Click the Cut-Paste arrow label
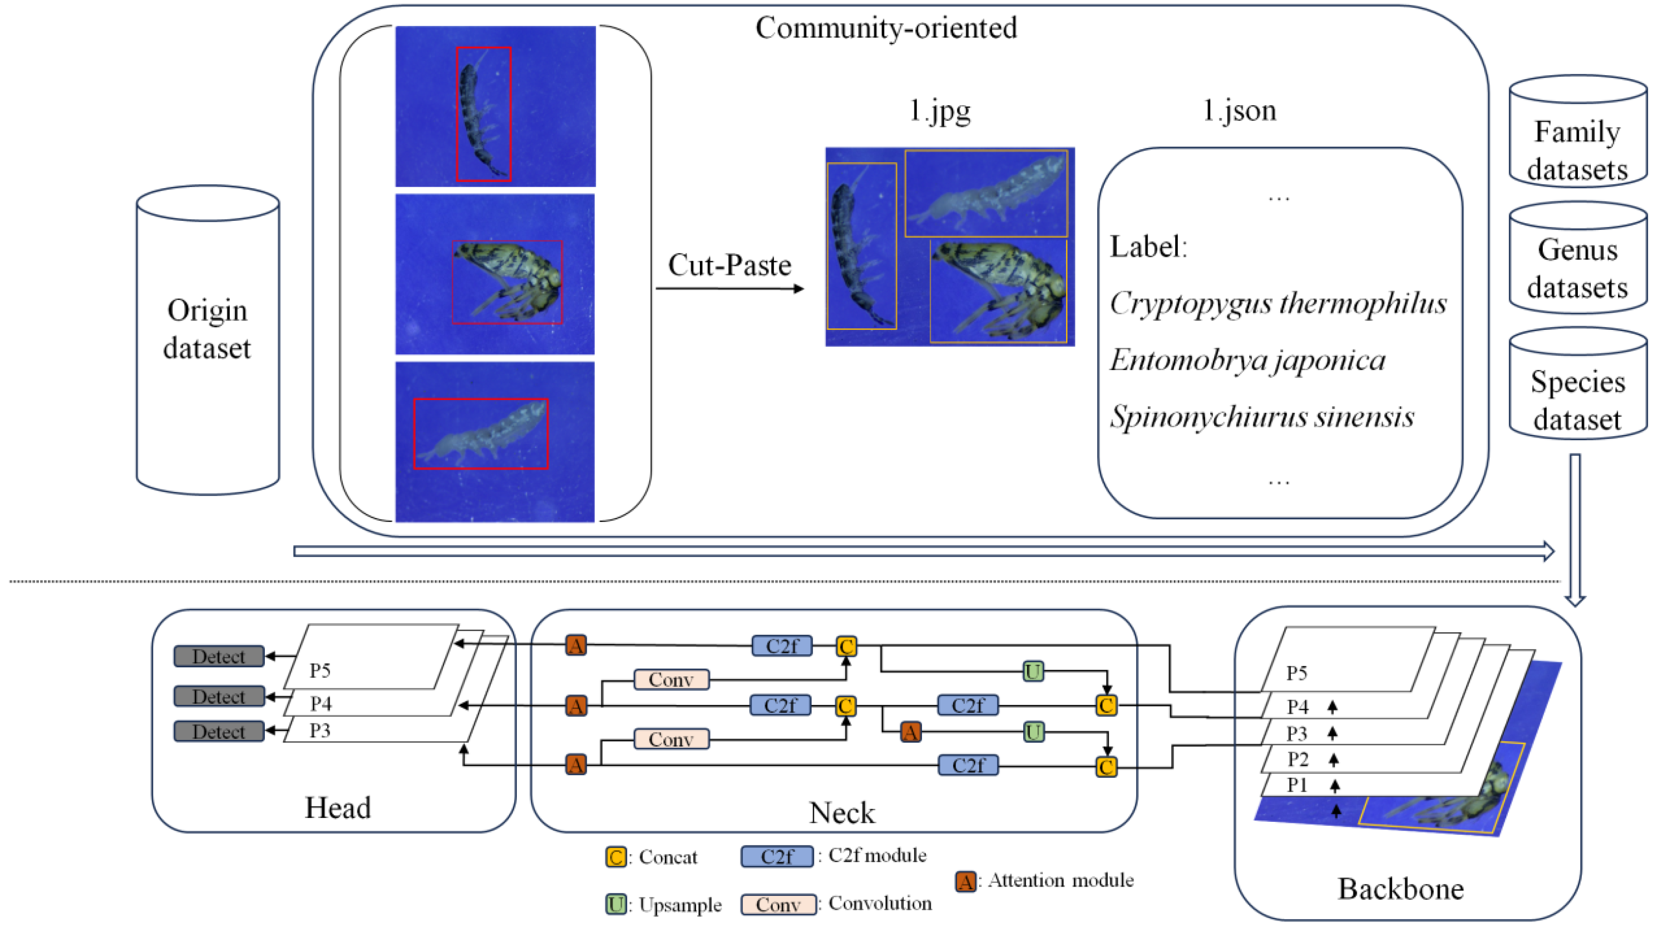coord(729,265)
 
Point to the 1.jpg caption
coord(939,110)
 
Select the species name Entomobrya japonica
coord(1247,360)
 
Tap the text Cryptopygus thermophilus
coord(1277,303)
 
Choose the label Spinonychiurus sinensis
coord(1261,417)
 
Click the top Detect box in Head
coord(219,656)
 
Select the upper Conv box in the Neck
coord(671,679)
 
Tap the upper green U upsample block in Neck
coord(1033,672)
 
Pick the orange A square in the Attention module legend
coord(966,881)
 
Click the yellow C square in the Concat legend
coord(616,857)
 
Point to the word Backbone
coord(1400,889)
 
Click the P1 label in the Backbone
coord(1297,785)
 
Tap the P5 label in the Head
coord(320,671)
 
